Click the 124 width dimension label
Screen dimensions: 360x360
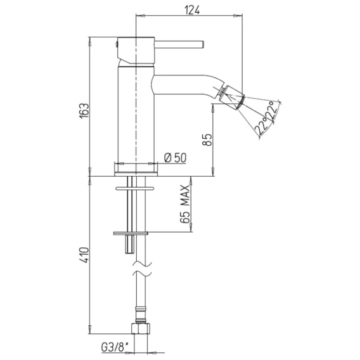[x=192, y=10]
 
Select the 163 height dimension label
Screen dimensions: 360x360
[x=84, y=111]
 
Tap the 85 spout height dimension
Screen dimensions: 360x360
[x=207, y=139]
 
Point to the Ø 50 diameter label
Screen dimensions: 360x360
[x=176, y=158]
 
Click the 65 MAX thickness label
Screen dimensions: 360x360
[x=185, y=204]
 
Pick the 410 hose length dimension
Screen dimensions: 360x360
[x=84, y=255]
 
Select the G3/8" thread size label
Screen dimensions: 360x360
[x=114, y=347]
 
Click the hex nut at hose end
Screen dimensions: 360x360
[x=141, y=328]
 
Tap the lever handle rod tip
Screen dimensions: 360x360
[x=203, y=45]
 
